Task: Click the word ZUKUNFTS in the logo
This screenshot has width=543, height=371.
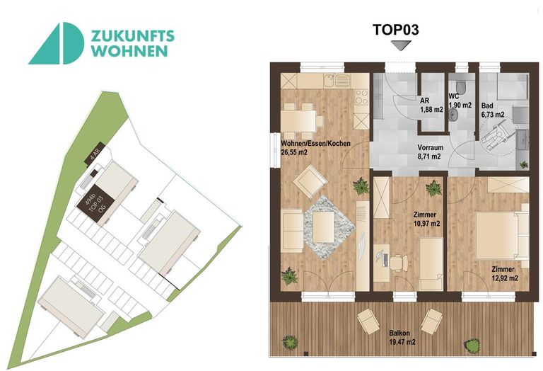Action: [134, 36]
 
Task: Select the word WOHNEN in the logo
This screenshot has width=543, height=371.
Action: [129, 51]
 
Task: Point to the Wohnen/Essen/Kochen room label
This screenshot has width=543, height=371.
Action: [316, 144]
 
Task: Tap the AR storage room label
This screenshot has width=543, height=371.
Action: [426, 101]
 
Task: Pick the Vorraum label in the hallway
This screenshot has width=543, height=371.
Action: [431, 149]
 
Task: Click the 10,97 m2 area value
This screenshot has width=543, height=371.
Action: [426, 223]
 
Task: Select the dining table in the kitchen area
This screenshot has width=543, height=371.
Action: [298, 117]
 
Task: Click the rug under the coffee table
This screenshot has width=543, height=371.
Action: [325, 225]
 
